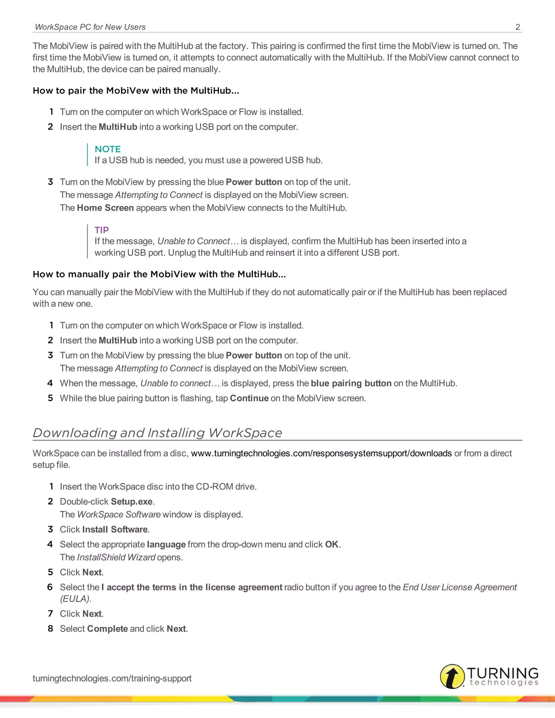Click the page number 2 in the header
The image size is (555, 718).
pos(518,27)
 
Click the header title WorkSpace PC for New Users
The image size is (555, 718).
pos(90,27)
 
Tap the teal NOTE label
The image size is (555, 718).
pos(108,149)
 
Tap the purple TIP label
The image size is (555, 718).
pos(102,230)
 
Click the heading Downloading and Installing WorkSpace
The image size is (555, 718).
pos(157,433)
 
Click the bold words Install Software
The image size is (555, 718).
pos(115,529)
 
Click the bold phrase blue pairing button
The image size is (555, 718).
pos(351,383)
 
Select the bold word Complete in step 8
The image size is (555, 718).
pos(108,629)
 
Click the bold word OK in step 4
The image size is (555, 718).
pos(331,544)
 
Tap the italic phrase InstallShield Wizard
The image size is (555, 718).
pos(116,557)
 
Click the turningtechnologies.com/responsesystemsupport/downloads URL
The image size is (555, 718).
pos(321,453)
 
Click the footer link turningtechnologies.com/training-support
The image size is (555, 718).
pos(112,678)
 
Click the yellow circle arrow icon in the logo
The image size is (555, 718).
pos(452,676)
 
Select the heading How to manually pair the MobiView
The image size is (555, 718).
pos(159,274)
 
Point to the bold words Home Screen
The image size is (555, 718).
pos(105,208)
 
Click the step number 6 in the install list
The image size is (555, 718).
pos(50,587)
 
